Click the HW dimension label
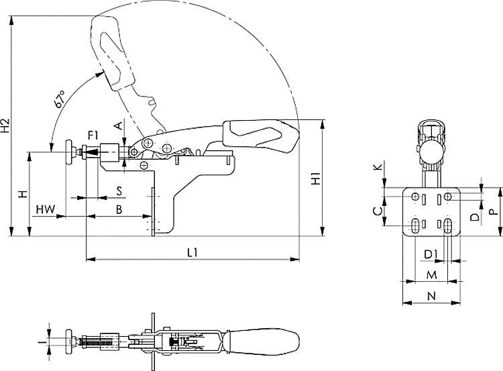45,209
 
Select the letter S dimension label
119,191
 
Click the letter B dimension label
119,209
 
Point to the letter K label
378,166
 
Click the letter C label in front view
378,211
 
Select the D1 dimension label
431,254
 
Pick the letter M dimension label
432,275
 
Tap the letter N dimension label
431,295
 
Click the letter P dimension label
492,211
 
